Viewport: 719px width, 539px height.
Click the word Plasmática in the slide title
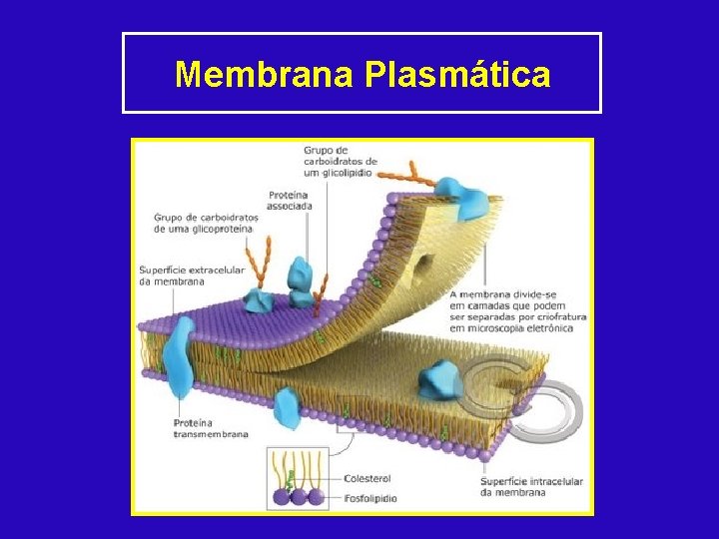pyautogui.click(x=458, y=74)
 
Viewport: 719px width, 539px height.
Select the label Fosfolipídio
pyautogui.click(x=369, y=497)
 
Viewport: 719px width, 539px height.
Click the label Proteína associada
pyautogui.click(x=290, y=200)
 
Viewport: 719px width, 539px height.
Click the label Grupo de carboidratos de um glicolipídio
pyautogui.click(x=340, y=161)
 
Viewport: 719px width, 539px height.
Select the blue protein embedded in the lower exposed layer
pyautogui.click(x=438, y=380)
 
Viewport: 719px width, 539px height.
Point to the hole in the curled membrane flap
pyautogui.click(x=422, y=266)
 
